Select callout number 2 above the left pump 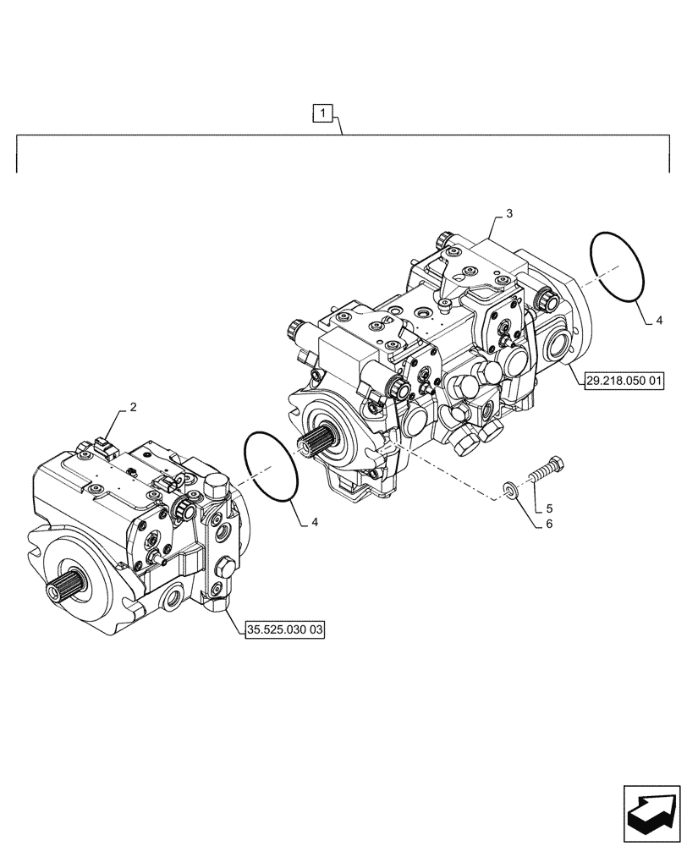coord(133,408)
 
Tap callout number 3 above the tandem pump coord(509,216)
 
